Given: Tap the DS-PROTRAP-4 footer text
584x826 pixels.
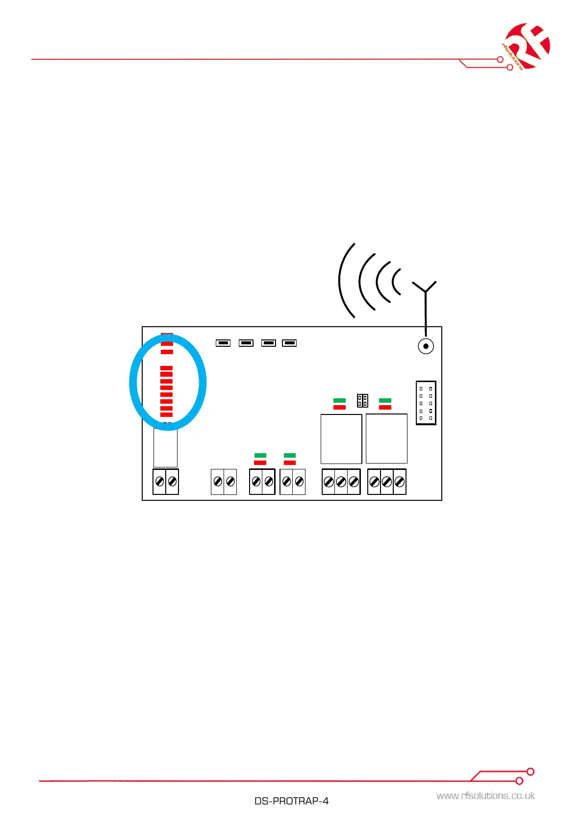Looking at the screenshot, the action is click(291, 801).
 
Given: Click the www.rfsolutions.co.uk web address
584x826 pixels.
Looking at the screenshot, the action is click(485, 796).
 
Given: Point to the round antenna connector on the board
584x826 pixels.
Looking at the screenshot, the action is click(426, 346).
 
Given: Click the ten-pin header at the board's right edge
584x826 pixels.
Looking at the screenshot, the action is click(426, 403).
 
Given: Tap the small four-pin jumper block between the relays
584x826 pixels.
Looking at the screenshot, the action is click(362, 400).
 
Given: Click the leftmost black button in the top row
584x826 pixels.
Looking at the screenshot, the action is click(223, 343).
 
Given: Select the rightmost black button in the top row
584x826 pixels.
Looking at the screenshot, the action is click(289, 343).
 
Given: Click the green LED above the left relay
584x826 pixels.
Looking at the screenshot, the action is click(339, 401).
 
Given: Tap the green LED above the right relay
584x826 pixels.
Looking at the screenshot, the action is click(385, 401).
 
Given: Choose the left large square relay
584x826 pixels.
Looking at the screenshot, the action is click(341, 439).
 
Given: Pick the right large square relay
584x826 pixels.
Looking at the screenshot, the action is click(386, 439).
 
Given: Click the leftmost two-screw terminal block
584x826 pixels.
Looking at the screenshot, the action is click(166, 482).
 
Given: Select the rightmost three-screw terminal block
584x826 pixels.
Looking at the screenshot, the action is click(387, 482).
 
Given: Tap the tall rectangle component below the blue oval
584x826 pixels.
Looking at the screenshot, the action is click(165, 448).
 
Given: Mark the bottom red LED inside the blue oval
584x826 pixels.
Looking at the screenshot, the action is click(167, 415).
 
